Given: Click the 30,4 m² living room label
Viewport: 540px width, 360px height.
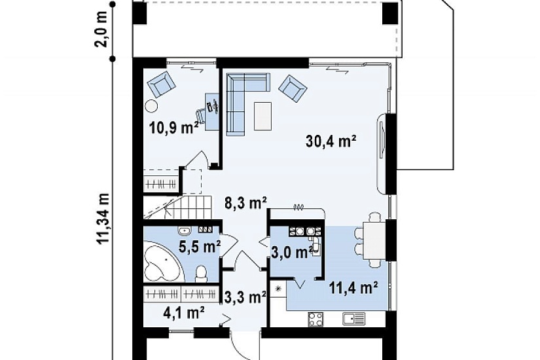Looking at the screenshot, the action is (x=331, y=141).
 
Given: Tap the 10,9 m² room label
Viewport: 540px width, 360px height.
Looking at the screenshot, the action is (x=174, y=128).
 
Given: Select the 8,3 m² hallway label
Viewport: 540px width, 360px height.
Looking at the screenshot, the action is (x=246, y=204).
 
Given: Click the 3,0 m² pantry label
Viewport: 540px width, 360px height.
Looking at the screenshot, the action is (x=292, y=252).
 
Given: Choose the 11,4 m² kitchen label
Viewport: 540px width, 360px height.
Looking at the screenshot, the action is (x=353, y=287).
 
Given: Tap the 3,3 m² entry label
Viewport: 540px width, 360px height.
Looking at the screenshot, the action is (x=245, y=297).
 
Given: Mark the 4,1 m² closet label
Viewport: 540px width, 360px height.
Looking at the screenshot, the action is (x=184, y=313).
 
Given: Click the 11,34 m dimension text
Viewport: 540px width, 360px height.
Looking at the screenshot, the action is (x=103, y=219).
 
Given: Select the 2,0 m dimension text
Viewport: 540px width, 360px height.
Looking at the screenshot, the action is (x=103, y=30).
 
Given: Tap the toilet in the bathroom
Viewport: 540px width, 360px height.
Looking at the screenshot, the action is (x=201, y=274).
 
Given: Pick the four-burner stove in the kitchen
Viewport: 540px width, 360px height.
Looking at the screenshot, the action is (x=315, y=319).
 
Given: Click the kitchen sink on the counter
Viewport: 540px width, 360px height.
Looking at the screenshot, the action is (x=354, y=319).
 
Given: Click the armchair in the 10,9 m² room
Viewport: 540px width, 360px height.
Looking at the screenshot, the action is (x=162, y=84).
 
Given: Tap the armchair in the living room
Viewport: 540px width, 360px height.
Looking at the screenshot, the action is (x=293, y=89).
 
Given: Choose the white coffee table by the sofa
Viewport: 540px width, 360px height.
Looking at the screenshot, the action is (x=262, y=116).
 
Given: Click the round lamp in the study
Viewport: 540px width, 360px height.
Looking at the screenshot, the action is (x=152, y=106).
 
